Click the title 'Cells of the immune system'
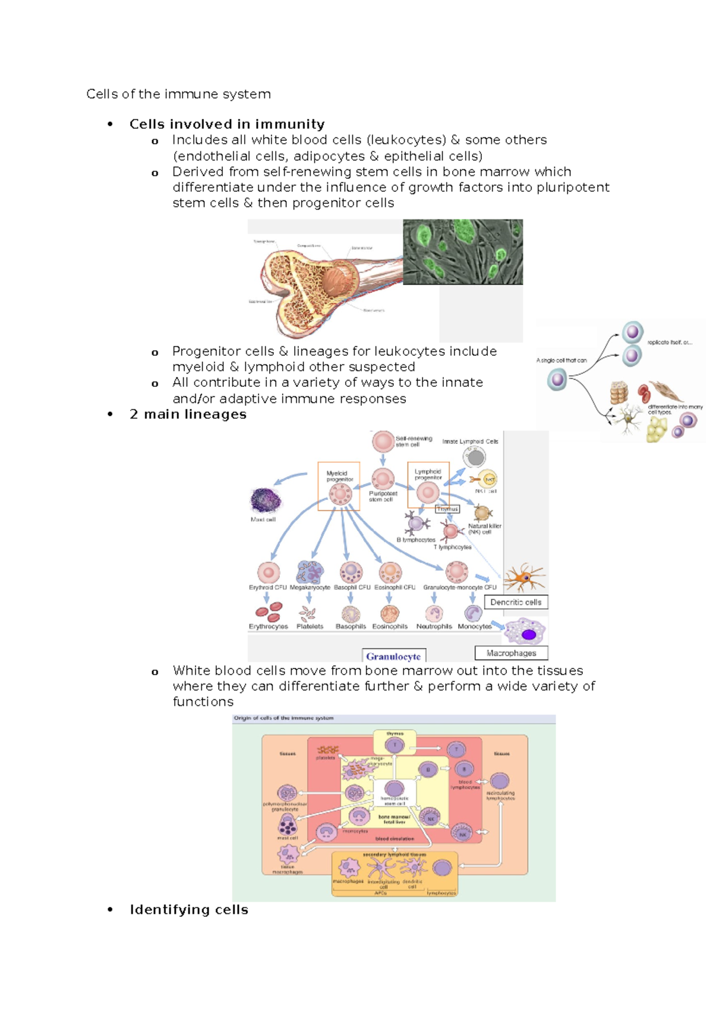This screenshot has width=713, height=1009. tap(178, 94)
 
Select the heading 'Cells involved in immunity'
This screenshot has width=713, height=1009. tap(227, 124)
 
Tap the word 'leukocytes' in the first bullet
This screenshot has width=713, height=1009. tap(406, 140)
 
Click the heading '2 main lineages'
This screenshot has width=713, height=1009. tap(188, 414)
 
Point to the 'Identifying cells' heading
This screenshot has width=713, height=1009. tap(189, 910)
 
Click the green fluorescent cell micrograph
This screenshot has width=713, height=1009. tap(463, 251)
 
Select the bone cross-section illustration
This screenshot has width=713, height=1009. tap(315, 285)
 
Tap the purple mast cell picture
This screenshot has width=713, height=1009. tap(265, 500)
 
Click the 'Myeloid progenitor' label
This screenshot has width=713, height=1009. tap(339, 476)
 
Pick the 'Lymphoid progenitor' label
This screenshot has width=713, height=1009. tap(428, 474)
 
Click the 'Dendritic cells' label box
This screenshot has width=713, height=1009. tap(516, 602)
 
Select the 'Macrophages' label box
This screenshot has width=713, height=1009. tap(511, 653)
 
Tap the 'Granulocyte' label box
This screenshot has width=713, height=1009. tap(393, 656)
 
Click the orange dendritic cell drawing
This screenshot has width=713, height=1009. tap(524, 577)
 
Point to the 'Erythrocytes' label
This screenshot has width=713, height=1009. tap(268, 626)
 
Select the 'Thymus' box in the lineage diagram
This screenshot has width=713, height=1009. tap(447, 509)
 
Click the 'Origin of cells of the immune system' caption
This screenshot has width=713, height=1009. tap(283, 718)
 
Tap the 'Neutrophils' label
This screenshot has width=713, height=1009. tap(434, 626)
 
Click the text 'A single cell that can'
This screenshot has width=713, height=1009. tap(561, 360)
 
